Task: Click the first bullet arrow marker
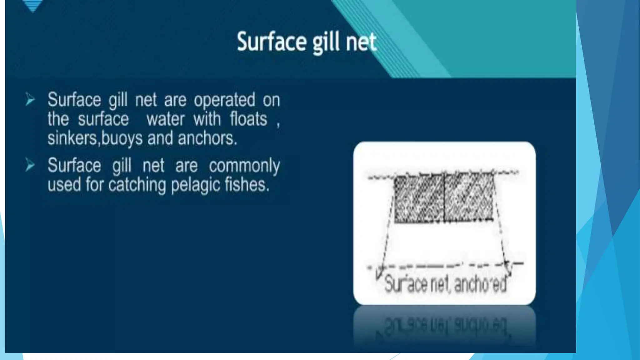[30, 99]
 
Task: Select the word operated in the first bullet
[224, 101]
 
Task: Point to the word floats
[248, 119]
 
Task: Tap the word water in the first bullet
[165, 119]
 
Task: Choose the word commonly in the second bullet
[244, 166]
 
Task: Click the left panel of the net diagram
[419, 199]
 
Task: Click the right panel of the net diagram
[469, 199]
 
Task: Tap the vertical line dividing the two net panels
[444, 198]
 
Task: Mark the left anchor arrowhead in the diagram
[379, 274]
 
